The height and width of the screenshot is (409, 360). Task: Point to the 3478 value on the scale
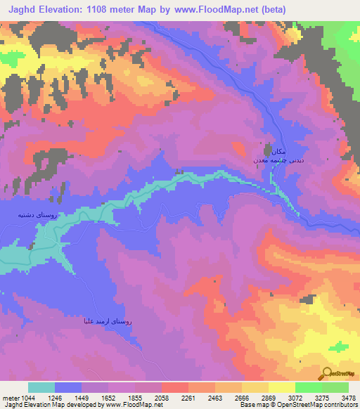tap(347, 397)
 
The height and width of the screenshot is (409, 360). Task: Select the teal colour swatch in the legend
tap(41, 387)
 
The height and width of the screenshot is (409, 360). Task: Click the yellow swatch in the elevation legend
tap(281, 387)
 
